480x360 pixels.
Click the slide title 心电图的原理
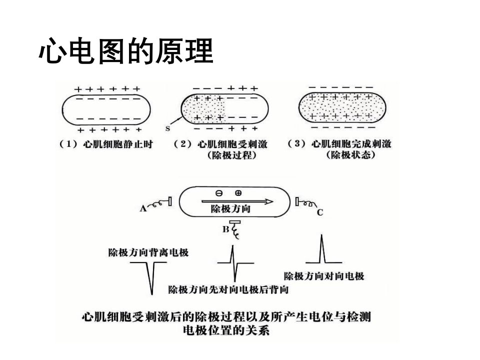pos(126,51)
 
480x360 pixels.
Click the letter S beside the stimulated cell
pos(167,128)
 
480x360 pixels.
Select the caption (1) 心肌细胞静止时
pos(106,144)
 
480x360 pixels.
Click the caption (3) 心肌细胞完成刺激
pos(340,143)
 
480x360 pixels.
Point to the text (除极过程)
pos(231,155)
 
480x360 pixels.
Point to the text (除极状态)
pos(351,155)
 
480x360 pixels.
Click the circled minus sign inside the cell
pos(219,193)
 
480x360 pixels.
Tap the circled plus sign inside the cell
pos(238,193)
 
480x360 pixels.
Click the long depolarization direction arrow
pos(237,201)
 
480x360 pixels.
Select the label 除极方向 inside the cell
pos(230,209)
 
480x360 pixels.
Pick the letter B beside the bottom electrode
pos(225,229)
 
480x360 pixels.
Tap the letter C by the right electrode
pos(320,212)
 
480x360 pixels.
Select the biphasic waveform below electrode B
pos(235,263)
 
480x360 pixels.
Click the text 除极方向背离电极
pos(148,252)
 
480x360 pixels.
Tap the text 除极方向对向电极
pos(324,276)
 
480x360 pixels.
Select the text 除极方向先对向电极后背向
pos(228,289)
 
